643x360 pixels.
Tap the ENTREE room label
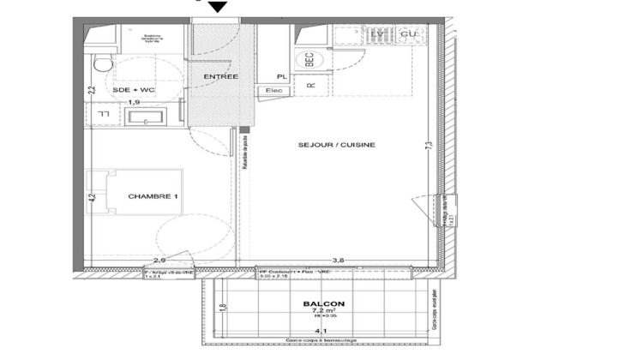219,77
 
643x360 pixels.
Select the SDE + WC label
133,89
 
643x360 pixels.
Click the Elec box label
275,89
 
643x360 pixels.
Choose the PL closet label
280,76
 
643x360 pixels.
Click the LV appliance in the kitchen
376,33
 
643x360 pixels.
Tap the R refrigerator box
311,84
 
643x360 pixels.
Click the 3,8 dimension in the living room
339,259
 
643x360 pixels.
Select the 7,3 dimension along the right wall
426,147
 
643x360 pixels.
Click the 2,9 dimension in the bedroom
159,259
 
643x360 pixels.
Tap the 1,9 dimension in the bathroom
134,103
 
